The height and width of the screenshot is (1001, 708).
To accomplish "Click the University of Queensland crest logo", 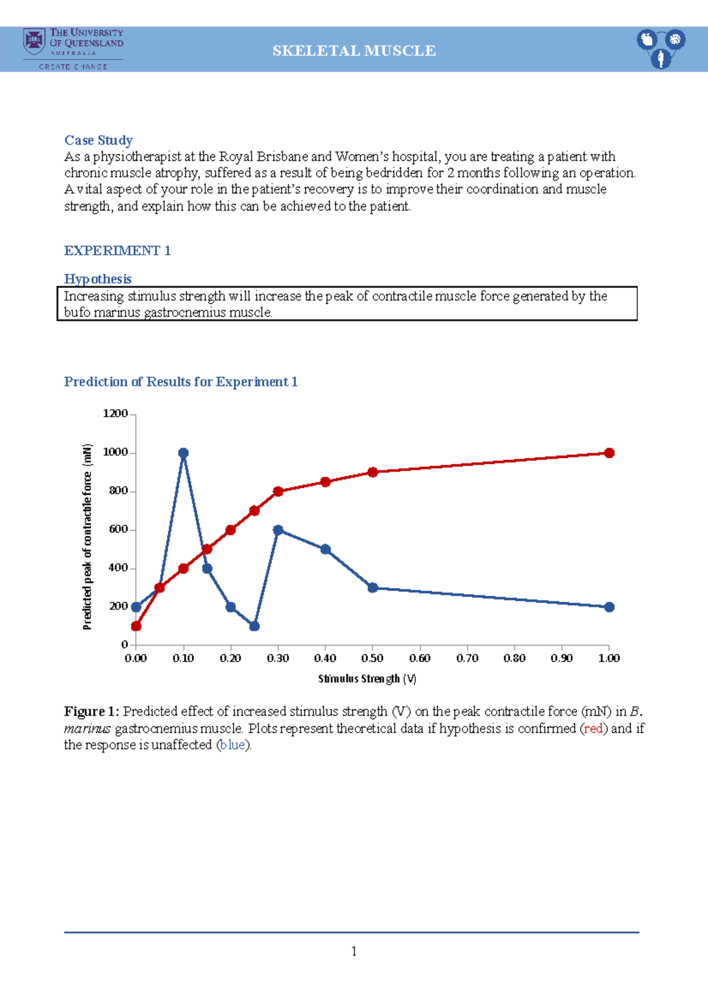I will point(34,41).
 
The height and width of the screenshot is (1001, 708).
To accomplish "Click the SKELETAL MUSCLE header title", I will point(354,51).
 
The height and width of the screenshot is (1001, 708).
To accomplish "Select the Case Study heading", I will point(98,140).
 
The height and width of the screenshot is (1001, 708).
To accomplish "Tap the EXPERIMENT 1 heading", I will point(117,251).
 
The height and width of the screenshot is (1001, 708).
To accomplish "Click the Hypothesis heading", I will point(97,279).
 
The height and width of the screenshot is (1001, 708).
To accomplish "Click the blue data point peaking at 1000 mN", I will point(183,453).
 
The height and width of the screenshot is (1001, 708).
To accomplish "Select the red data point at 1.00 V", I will point(609,453).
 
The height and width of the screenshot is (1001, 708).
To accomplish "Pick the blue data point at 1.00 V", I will point(609,607).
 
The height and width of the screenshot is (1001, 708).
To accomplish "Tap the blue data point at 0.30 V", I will point(278,530).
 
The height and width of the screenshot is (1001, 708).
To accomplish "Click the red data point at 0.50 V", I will point(372,472).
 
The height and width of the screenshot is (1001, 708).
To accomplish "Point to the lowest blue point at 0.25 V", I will point(254,626).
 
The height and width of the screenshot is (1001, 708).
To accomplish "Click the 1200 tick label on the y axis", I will point(115,414).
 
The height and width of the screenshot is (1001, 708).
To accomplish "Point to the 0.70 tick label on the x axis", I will point(467,658).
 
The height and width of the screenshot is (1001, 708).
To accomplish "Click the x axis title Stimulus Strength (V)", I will point(367,679).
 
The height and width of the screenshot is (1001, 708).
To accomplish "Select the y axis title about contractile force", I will point(87,536).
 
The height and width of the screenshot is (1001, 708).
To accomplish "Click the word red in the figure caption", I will point(593,729).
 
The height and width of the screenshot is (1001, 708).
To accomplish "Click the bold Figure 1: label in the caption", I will point(91,712).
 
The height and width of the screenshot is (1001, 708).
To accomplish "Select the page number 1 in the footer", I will point(353,951).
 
